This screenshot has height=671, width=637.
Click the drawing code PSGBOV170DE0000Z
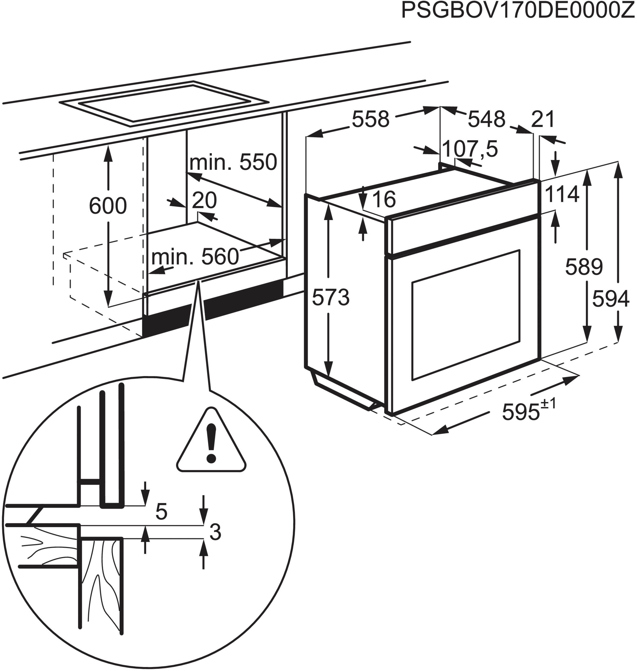pos(518,11)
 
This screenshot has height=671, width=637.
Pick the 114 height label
pos(562,194)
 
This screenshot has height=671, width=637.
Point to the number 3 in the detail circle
pos(215,532)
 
